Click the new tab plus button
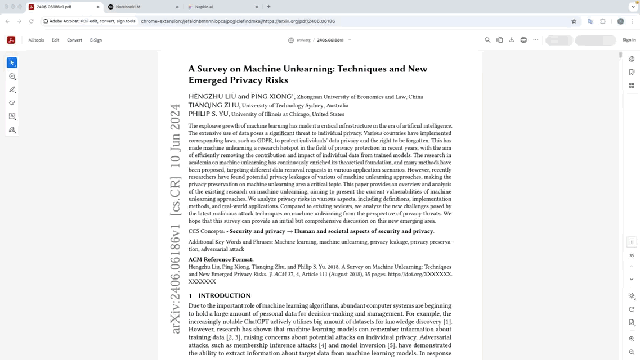268,7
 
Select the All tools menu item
36,40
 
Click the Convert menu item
74,40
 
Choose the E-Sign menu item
96,40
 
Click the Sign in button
629,40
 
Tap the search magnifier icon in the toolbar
487,40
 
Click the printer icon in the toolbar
523,40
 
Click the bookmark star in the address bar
574,21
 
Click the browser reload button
31,21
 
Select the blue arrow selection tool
12,62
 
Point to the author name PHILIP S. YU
208,114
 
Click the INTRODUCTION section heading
224,295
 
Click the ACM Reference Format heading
221,259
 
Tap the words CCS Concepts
206,231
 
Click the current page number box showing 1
631,242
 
